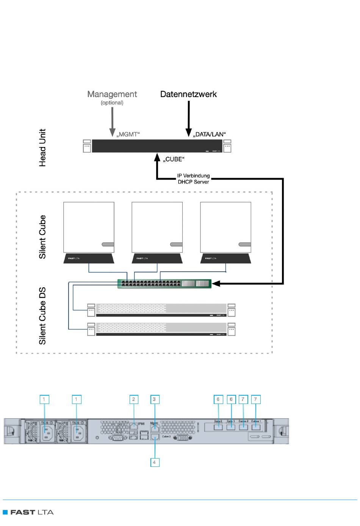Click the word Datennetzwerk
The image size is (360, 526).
tap(188, 94)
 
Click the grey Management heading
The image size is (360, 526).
tap(112, 94)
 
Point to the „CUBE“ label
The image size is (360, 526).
tap(174, 159)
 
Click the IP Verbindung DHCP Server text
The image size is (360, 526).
tap(193, 179)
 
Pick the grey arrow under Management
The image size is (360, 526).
tap(112, 121)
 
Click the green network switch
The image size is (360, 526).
tap(164, 284)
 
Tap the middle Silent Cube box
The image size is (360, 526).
tap(157, 227)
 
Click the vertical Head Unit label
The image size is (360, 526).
tap(42, 147)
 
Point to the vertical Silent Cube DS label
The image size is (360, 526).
tap(42, 316)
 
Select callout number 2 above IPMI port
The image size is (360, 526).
tap(133, 399)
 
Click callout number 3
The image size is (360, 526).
tap(154, 399)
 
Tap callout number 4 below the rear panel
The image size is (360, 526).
tap(154, 462)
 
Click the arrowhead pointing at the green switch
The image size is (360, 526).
tap(216, 283)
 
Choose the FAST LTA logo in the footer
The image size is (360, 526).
tap(28, 512)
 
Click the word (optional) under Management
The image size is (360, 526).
tap(112, 103)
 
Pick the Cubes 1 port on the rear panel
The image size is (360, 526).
tap(256, 427)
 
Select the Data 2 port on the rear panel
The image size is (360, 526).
tap(218, 427)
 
